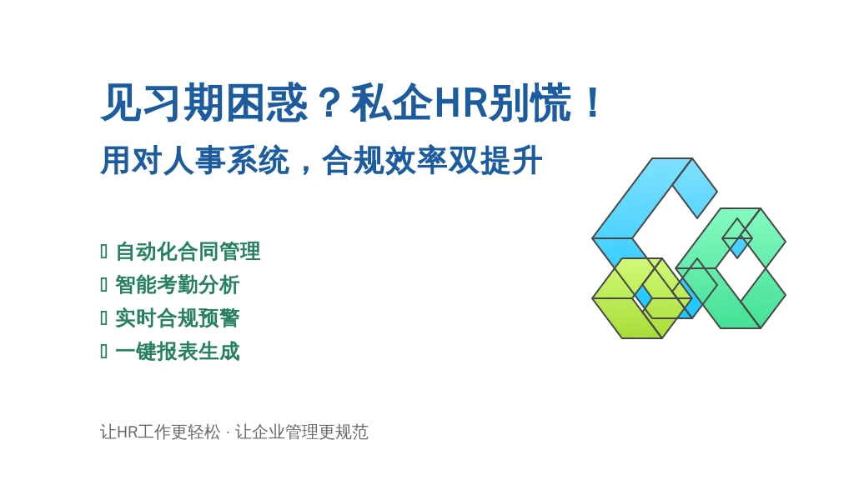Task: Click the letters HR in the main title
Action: click(x=460, y=102)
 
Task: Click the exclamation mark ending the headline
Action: click(x=593, y=102)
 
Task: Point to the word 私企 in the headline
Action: click(x=392, y=102)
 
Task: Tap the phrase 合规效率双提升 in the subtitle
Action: click(x=433, y=161)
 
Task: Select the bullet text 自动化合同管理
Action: click(x=188, y=252)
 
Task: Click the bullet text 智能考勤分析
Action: click(x=178, y=285)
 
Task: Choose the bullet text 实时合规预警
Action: click(x=178, y=318)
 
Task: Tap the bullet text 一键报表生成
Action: click(x=178, y=352)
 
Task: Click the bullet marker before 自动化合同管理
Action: click(x=103, y=252)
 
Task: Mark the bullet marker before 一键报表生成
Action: click(x=103, y=352)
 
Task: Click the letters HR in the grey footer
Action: click(x=127, y=432)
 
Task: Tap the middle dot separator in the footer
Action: click(x=228, y=432)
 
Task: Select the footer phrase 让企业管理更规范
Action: click(x=302, y=432)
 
